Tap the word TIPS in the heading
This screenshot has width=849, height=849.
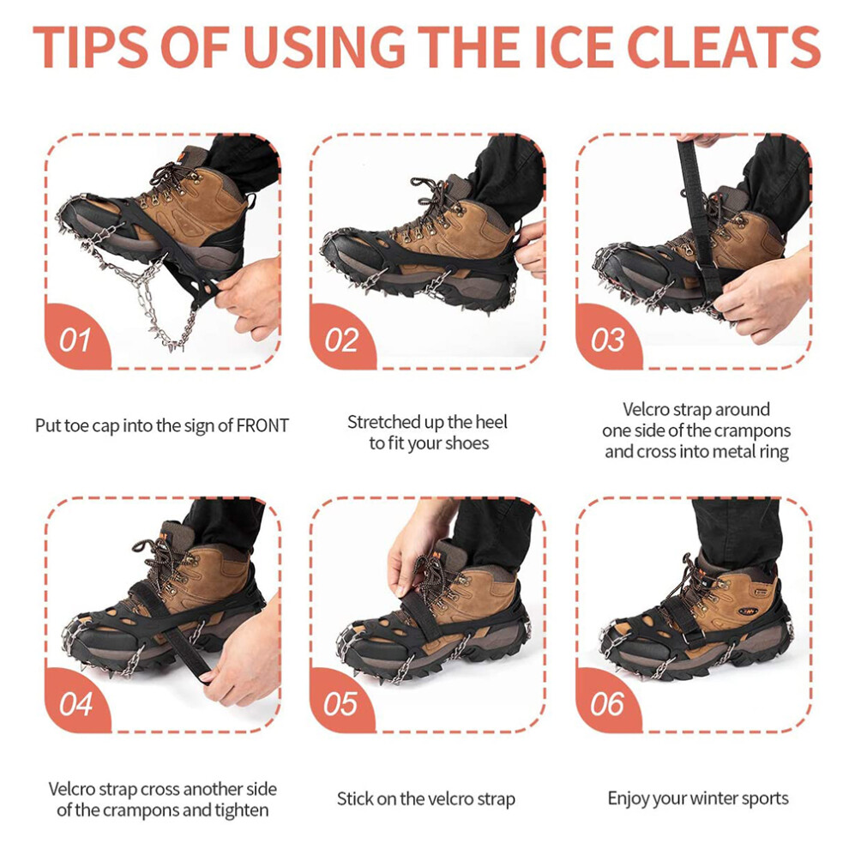click(90, 47)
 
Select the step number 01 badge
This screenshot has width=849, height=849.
click(76, 337)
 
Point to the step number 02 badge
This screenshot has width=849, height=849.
click(341, 337)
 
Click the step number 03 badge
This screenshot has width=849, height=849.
click(608, 337)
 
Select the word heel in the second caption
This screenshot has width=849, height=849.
click(491, 422)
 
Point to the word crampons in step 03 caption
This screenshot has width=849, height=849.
click(752, 431)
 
